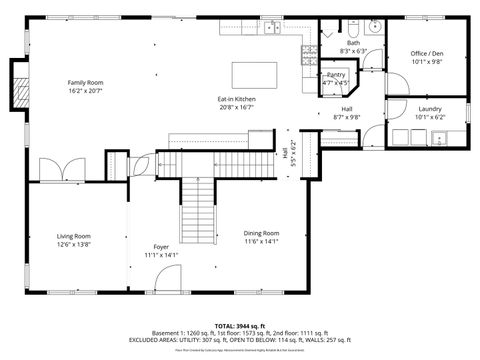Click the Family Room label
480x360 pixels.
point(85,82)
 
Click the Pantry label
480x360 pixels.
point(336,75)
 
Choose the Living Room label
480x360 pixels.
point(74,236)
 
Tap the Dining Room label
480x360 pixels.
point(261,233)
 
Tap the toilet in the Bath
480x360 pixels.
point(342,30)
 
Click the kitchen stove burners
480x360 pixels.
point(309,50)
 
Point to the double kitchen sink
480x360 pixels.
point(272,29)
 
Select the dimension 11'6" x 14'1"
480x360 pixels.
point(261,241)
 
